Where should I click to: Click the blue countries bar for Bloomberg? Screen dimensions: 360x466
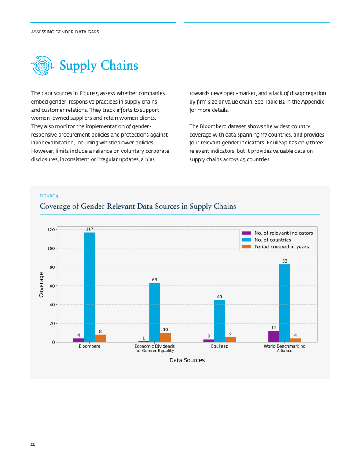[89, 287]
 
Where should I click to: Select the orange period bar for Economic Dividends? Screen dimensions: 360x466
[165, 337]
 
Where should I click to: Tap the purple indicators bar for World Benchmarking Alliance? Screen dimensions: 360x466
[274, 337]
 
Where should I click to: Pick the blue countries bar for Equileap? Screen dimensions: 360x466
[220, 321]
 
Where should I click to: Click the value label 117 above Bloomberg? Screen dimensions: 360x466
[89, 229]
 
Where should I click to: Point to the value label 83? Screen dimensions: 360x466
[285, 261]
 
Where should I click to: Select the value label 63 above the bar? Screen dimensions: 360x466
[154, 280]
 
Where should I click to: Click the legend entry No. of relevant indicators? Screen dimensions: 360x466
[284, 233]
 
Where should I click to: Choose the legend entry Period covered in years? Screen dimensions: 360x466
[282, 247]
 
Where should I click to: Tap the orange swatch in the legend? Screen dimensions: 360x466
[246, 247]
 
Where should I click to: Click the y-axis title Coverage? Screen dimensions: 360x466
[41, 285]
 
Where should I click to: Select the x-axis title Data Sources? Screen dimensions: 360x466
[187, 360]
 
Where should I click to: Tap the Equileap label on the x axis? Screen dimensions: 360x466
[220, 346]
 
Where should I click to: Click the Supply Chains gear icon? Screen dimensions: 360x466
[43, 66]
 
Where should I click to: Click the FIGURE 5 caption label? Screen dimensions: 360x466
[49, 196]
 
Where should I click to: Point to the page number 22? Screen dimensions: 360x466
[33, 444]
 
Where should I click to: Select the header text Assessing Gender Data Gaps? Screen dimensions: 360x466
[65, 32]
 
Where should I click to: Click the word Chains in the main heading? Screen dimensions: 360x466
[119, 65]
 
